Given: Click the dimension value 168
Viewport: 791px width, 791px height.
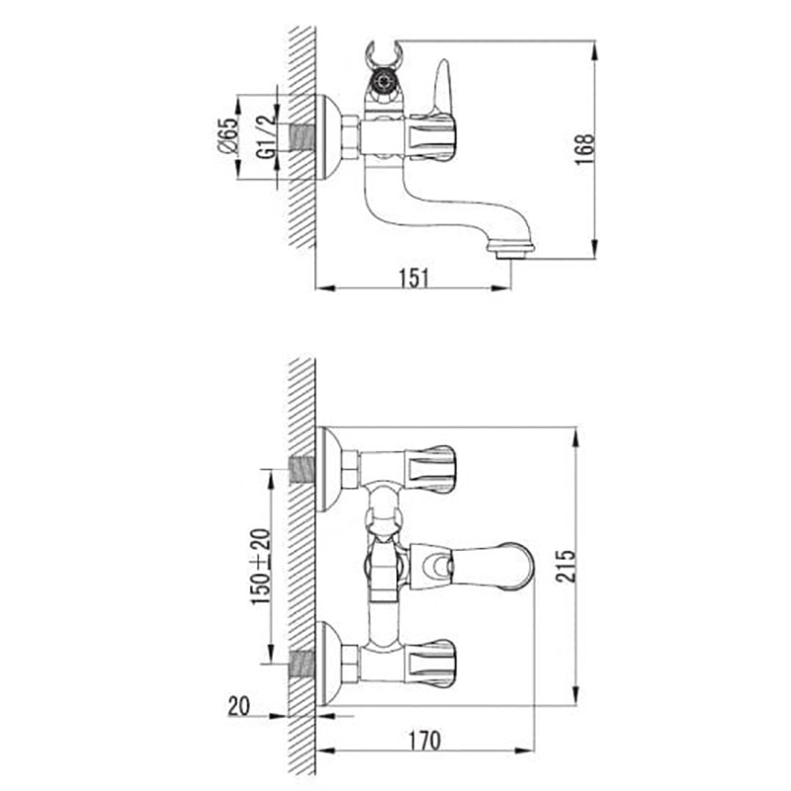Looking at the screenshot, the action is [585, 149].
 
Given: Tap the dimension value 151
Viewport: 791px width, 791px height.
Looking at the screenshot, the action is [414, 279].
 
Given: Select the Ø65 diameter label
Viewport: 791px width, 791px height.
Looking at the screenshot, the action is [226, 135].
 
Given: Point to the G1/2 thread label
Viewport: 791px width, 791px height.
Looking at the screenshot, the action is [266, 137].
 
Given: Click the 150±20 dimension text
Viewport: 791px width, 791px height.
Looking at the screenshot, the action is [261, 567].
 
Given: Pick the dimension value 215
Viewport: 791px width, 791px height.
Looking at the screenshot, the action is [566, 567].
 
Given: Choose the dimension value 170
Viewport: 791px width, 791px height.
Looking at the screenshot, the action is [424, 741].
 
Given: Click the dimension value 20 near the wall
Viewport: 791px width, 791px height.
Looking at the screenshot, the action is [238, 706].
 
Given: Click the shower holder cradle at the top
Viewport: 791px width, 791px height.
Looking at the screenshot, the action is [384, 56].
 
